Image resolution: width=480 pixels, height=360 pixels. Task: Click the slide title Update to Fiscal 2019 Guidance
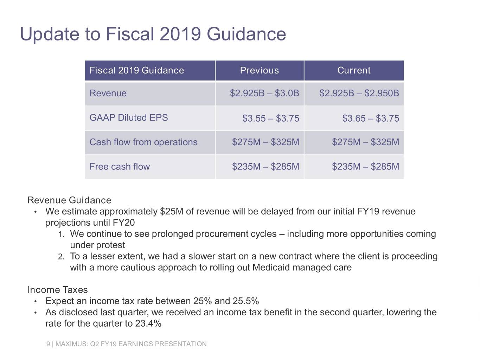point(153,34)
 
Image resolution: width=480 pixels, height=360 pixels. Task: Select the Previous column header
point(259,71)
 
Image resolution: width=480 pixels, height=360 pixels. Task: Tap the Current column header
point(354,71)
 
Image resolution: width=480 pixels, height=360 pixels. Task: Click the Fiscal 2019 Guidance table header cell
point(136,71)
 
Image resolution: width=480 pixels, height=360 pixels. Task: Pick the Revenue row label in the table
point(108,93)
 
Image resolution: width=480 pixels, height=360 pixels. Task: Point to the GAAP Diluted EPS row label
point(129,118)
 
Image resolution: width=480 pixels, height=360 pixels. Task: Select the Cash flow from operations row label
point(143,142)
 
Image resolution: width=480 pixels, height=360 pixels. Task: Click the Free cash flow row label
point(120,167)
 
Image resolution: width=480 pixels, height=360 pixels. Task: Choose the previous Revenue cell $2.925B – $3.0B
point(264,93)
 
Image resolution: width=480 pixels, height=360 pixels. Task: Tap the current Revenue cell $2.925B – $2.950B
point(359,93)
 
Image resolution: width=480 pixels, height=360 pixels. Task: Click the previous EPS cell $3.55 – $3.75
point(270,118)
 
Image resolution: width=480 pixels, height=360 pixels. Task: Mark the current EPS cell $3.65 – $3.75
point(371,118)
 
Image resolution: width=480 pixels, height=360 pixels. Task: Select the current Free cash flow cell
point(365,167)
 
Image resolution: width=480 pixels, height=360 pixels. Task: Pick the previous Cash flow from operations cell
point(265,142)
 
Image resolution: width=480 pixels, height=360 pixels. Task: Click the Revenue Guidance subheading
point(69,200)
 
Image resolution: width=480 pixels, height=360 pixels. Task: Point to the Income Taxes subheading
point(58,290)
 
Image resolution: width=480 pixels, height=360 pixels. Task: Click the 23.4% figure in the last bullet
point(148,323)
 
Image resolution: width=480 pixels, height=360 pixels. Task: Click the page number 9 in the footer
point(48,344)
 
